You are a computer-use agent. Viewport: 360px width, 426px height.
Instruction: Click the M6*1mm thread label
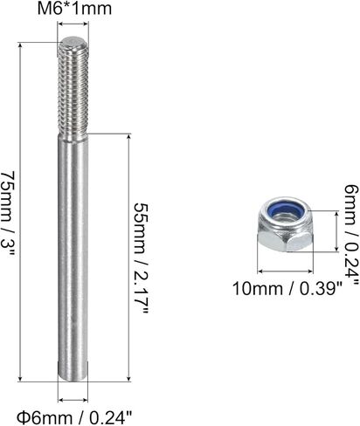click(x=74, y=9)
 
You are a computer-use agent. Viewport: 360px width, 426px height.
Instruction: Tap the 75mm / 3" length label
click(x=8, y=215)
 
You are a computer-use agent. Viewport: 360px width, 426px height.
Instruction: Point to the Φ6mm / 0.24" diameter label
click(x=74, y=417)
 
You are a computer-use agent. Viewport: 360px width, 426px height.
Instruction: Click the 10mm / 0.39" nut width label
click(x=287, y=289)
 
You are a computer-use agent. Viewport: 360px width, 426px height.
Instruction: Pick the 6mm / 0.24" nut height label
click(x=351, y=234)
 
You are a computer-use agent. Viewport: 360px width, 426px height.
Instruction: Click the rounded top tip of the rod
click(x=73, y=41)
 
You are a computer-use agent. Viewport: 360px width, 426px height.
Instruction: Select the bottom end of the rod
click(x=73, y=377)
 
